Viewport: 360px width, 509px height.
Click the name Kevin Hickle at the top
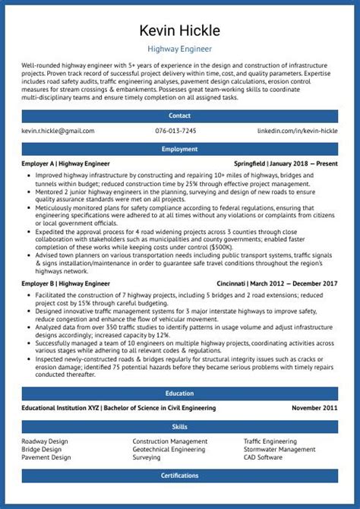click(179, 31)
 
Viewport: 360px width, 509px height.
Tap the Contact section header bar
click(179, 116)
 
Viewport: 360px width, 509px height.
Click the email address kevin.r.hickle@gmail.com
click(58, 131)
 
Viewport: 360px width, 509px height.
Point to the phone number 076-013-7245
click(175, 131)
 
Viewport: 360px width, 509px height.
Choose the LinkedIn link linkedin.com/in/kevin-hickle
click(297, 131)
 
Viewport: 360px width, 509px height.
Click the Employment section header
click(179, 150)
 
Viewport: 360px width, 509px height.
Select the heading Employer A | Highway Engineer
click(66, 163)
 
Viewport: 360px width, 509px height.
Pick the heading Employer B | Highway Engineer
click(66, 283)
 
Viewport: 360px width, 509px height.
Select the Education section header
click(179, 394)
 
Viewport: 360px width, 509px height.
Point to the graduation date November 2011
click(314, 408)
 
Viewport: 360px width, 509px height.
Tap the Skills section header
click(179, 427)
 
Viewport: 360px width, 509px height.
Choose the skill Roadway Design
click(45, 441)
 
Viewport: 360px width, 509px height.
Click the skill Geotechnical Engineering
click(169, 450)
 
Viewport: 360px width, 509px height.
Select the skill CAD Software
click(263, 458)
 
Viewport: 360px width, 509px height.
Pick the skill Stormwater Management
click(279, 450)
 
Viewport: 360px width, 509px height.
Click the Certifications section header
click(179, 476)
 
